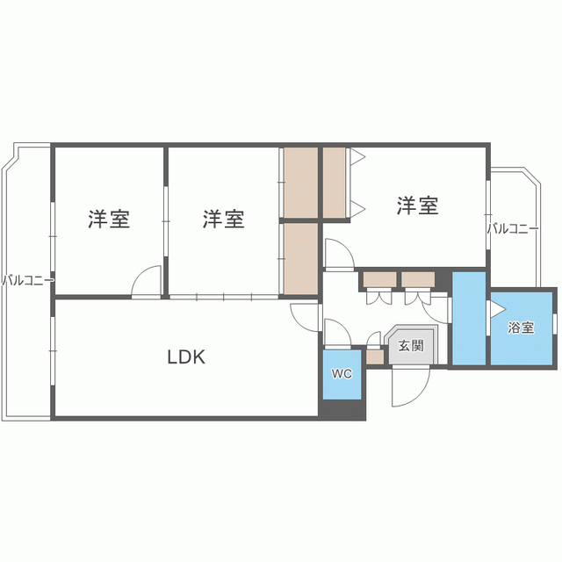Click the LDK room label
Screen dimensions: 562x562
[x=186, y=357]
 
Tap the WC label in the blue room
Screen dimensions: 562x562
[x=342, y=374]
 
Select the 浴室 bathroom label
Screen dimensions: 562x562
[x=521, y=328]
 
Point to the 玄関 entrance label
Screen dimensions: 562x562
[x=411, y=345]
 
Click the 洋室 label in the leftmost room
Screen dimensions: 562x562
[x=109, y=219]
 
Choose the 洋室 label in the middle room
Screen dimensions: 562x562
[x=223, y=219]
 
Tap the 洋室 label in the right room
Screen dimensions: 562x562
[x=418, y=205]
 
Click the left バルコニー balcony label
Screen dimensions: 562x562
[x=28, y=280]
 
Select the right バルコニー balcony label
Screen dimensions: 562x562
[x=513, y=228]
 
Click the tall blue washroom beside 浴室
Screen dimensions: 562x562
[x=469, y=318]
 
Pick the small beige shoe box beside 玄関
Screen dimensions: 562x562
[x=375, y=357]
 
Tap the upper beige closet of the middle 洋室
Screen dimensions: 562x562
[x=301, y=183]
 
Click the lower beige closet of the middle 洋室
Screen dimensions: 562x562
[x=301, y=259]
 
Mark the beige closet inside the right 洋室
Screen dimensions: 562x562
[x=334, y=183]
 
